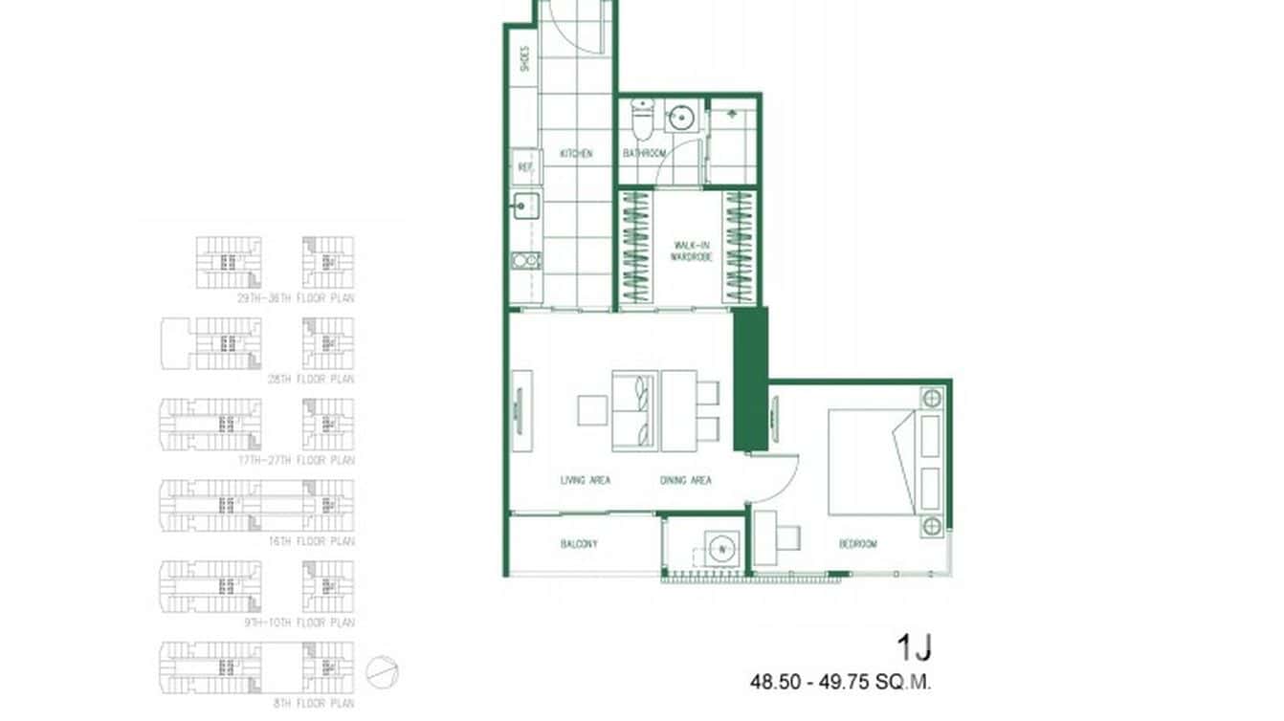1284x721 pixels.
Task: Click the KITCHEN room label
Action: tap(576, 153)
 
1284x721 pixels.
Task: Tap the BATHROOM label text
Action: tap(644, 153)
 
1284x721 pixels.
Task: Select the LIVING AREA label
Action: tap(586, 480)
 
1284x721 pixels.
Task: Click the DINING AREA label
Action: tap(685, 480)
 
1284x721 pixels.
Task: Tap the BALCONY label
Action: tap(579, 544)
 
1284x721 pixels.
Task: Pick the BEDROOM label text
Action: tap(857, 544)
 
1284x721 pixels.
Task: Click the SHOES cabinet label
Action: tap(524, 60)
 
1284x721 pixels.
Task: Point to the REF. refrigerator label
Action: tap(525, 167)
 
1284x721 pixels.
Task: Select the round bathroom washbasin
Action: tap(681, 118)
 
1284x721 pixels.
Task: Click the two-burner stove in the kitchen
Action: tap(525, 260)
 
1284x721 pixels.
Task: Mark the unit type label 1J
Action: tap(914, 648)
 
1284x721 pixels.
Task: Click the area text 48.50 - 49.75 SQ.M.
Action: tap(840, 683)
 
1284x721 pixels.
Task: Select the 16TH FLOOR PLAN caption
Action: tap(298, 541)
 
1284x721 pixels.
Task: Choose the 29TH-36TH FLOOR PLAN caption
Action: tap(296, 298)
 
